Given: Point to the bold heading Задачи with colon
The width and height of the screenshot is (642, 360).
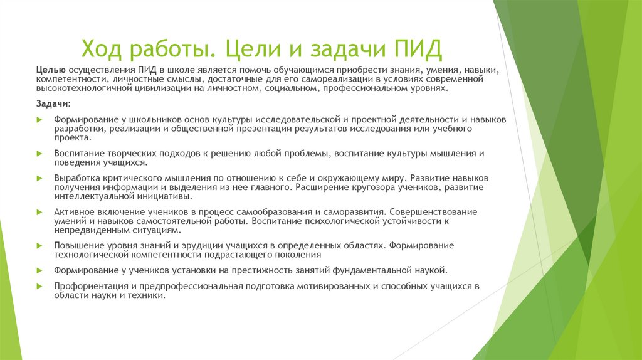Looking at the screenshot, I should (x=53, y=102).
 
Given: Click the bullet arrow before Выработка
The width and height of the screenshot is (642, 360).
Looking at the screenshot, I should (x=39, y=179).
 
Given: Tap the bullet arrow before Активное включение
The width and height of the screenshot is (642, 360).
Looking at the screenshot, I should (x=39, y=213).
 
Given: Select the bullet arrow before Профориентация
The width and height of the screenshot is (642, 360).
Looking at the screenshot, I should (x=39, y=287).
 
